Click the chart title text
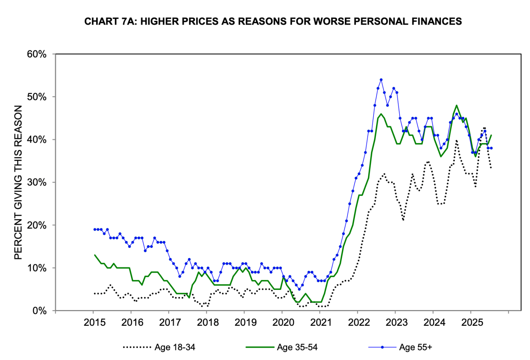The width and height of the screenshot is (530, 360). (273, 22)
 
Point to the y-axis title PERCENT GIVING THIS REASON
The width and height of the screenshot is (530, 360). (18, 182)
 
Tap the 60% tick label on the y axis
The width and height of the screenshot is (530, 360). (37, 54)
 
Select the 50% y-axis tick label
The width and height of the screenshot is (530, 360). (37, 97)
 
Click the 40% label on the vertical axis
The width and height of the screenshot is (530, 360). (37, 140)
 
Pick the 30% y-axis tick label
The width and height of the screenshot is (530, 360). (37, 183)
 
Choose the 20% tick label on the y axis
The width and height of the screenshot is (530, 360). (37, 225)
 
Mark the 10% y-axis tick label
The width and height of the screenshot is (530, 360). (37, 268)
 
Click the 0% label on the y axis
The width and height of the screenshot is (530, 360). (39, 311)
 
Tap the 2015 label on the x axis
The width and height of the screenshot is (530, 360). (95, 322)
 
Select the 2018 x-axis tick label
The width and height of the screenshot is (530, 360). (208, 322)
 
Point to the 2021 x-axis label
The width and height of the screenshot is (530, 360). (321, 322)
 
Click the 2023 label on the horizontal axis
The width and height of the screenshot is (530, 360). (396, 322)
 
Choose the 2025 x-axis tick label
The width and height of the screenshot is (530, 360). (472, 322)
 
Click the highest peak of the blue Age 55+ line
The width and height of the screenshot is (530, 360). (381, 80)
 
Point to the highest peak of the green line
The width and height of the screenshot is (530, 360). (457, 105)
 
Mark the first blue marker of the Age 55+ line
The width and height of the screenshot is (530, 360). (95, 230)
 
